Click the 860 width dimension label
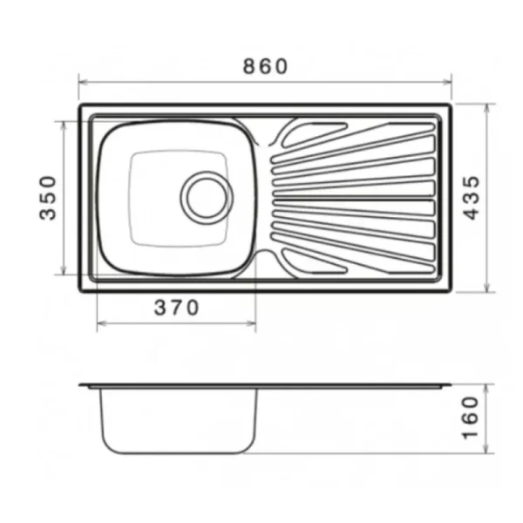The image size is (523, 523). click(265, 66)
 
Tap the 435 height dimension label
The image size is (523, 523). click(472, 198)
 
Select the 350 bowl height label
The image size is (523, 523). click(48, 198)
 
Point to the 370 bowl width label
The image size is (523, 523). click(176, 308)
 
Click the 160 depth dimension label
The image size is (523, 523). click(471, 418)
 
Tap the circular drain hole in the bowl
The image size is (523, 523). click(207, 198)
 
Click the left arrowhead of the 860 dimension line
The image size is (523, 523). click(83, 82)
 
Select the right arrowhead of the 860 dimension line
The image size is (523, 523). click(448, 82)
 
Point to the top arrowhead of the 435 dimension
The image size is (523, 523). click(487, 108)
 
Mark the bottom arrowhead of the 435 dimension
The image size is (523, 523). click(487, 288)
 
